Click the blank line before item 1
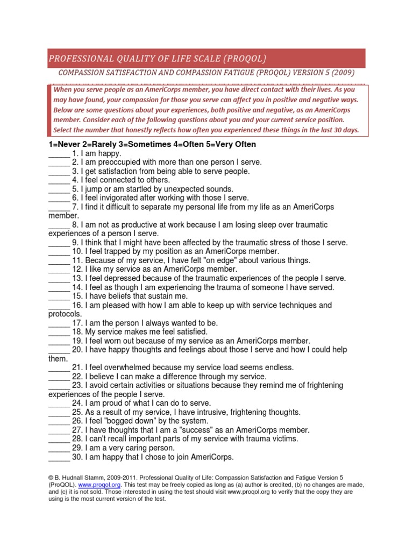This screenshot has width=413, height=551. tap(59, 153)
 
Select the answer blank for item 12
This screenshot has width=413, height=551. tap(59, 269)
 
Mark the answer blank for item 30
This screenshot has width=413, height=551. tap(59, 457)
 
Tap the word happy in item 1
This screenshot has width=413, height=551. tap(110, 153)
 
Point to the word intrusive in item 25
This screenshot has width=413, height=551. tap(201, 412)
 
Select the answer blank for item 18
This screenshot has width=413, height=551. tap(59, 331)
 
